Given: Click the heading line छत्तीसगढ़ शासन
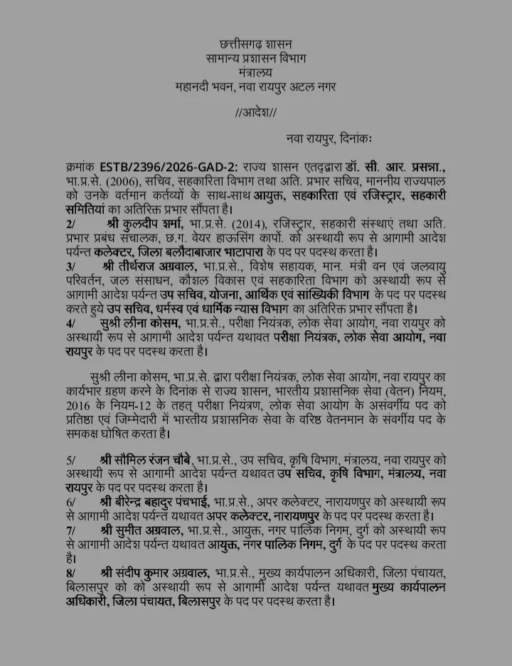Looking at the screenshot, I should pos(255,44).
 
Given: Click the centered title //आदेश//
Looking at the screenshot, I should pos(255,112).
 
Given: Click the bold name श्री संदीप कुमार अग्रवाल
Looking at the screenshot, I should pos(154,573).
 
